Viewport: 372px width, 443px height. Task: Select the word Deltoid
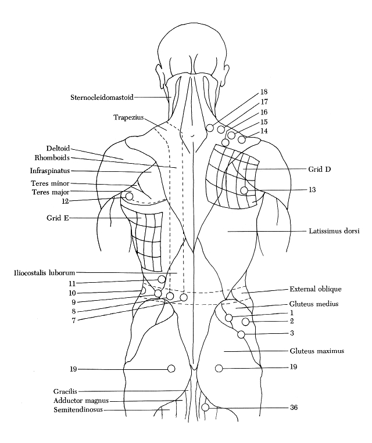(x=59, y=147)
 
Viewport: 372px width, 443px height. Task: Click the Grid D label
(x=320, y=169)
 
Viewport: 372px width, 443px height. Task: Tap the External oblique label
(x=316, y=289)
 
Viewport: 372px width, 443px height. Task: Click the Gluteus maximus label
(x=317, y=351)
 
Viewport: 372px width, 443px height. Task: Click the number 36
(x=294, y=408)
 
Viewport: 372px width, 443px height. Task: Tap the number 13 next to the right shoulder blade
(x=312, y=190)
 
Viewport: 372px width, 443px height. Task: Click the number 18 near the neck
(x=264, y=92)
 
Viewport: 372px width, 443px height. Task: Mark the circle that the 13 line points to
(x=245, y=190)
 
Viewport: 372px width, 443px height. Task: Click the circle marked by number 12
(x=130, y=196)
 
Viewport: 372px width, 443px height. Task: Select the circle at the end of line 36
(x=205, y=408)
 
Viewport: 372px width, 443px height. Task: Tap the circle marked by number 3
(x=241, y=334)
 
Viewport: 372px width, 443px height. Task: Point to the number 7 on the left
(x=73, y=320)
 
